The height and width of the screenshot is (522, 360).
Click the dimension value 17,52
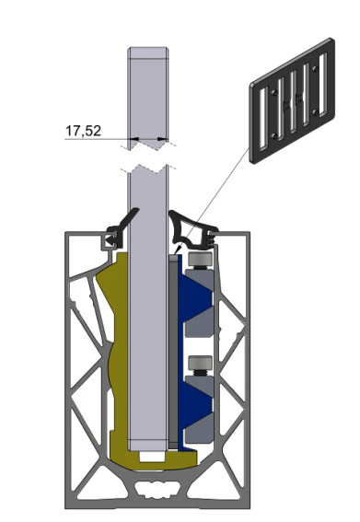click(x=83, y=131)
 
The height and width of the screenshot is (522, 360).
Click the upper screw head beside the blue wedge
click(x=200, y=259)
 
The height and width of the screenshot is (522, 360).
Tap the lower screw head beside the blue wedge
click(x=200, y=363)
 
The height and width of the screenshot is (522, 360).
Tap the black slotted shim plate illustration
click(x=293, y=100)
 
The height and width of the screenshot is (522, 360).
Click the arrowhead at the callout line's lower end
click(x=179, y=249)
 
